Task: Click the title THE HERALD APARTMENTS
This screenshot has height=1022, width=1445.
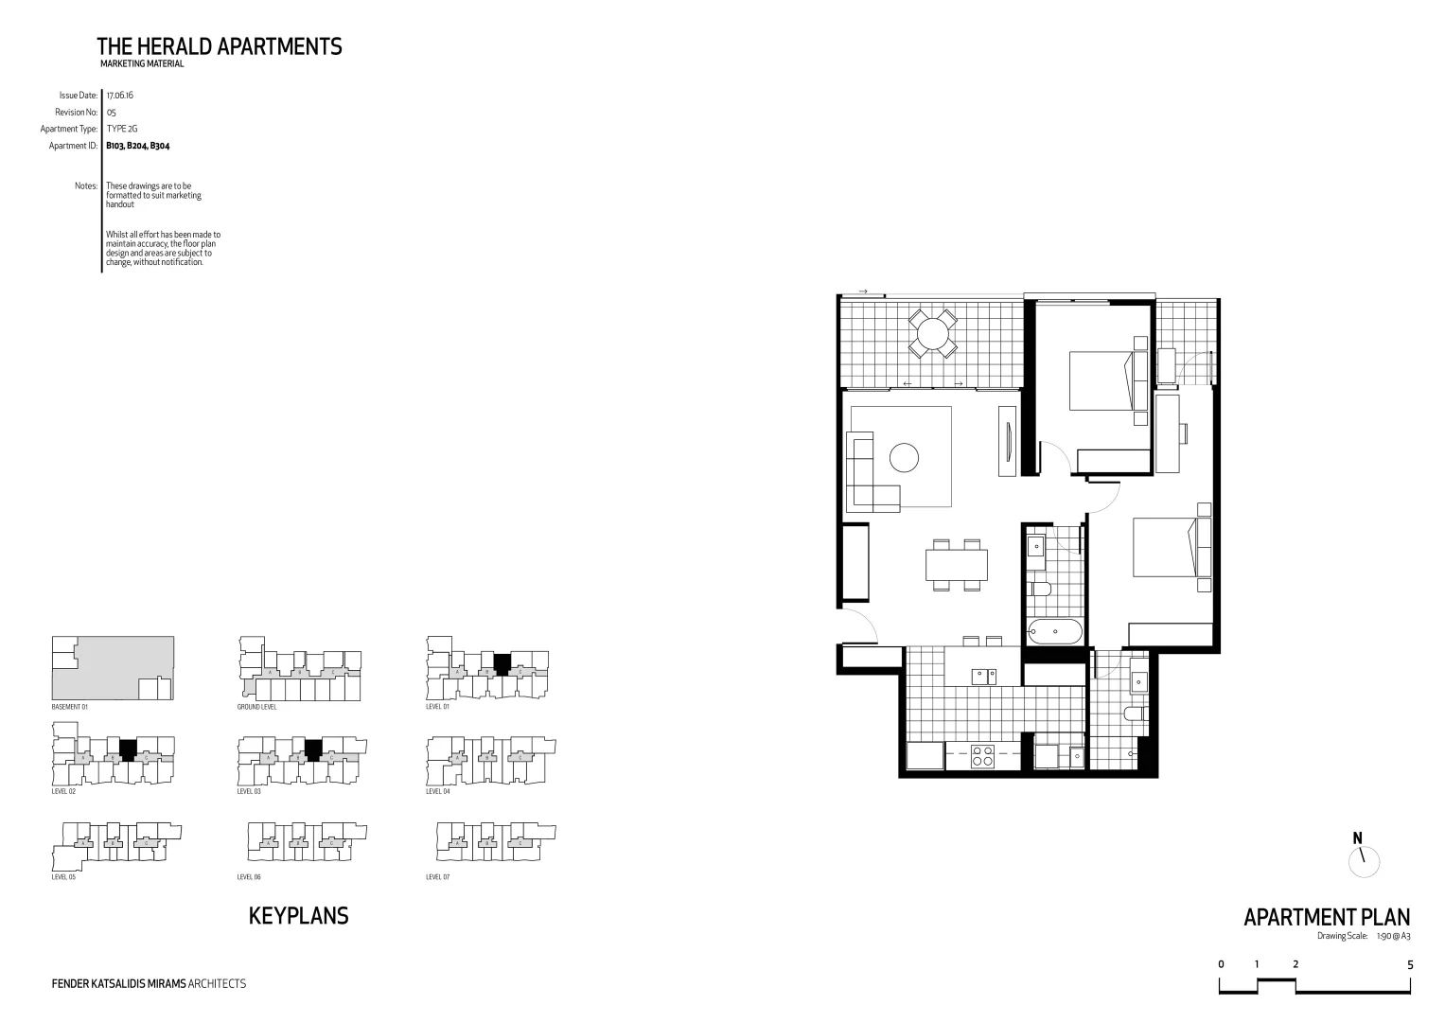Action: (219, 46)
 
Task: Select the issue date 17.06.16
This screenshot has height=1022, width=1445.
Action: (119, 96)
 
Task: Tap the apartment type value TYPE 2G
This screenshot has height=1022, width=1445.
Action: (122, 129)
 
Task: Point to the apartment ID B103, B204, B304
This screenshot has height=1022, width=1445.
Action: (137, 146)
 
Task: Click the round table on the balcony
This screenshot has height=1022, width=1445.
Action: (932, 333)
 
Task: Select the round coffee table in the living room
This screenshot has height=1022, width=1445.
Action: (904, 458)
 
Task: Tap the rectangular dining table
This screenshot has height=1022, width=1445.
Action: (957, 565)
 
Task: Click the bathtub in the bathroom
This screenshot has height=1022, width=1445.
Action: (1054, 630)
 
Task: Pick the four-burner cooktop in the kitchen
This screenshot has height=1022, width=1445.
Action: (981, 757)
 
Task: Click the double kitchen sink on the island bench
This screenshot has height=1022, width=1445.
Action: (983, 676)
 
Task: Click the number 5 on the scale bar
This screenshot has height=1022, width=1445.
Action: (1410, 964)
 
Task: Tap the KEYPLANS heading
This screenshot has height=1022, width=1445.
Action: (298, 916)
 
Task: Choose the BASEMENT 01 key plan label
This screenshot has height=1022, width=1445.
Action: (69, 707)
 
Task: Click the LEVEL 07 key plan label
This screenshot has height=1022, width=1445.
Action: (438, 877)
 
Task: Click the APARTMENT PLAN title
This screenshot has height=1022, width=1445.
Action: (1326, 917)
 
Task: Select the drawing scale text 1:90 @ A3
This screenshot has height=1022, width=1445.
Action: (1393, 936)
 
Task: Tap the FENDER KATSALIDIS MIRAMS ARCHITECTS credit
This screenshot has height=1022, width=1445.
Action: (149, 984)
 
